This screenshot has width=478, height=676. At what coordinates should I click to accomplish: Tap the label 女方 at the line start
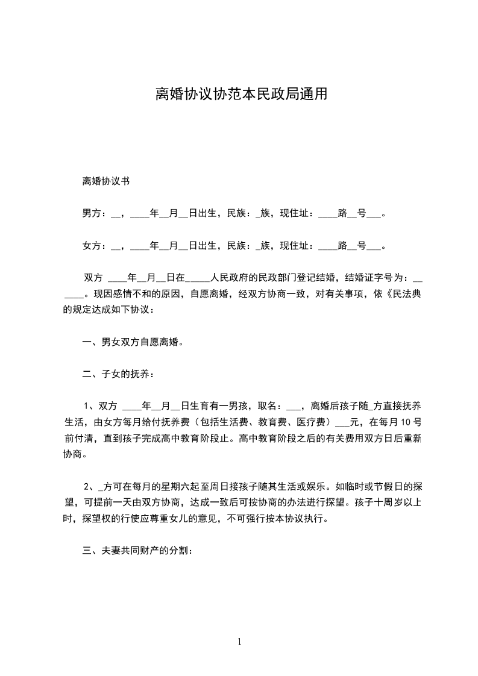tap(91, 245)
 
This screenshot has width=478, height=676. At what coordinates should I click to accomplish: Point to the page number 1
tap(239, 642)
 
